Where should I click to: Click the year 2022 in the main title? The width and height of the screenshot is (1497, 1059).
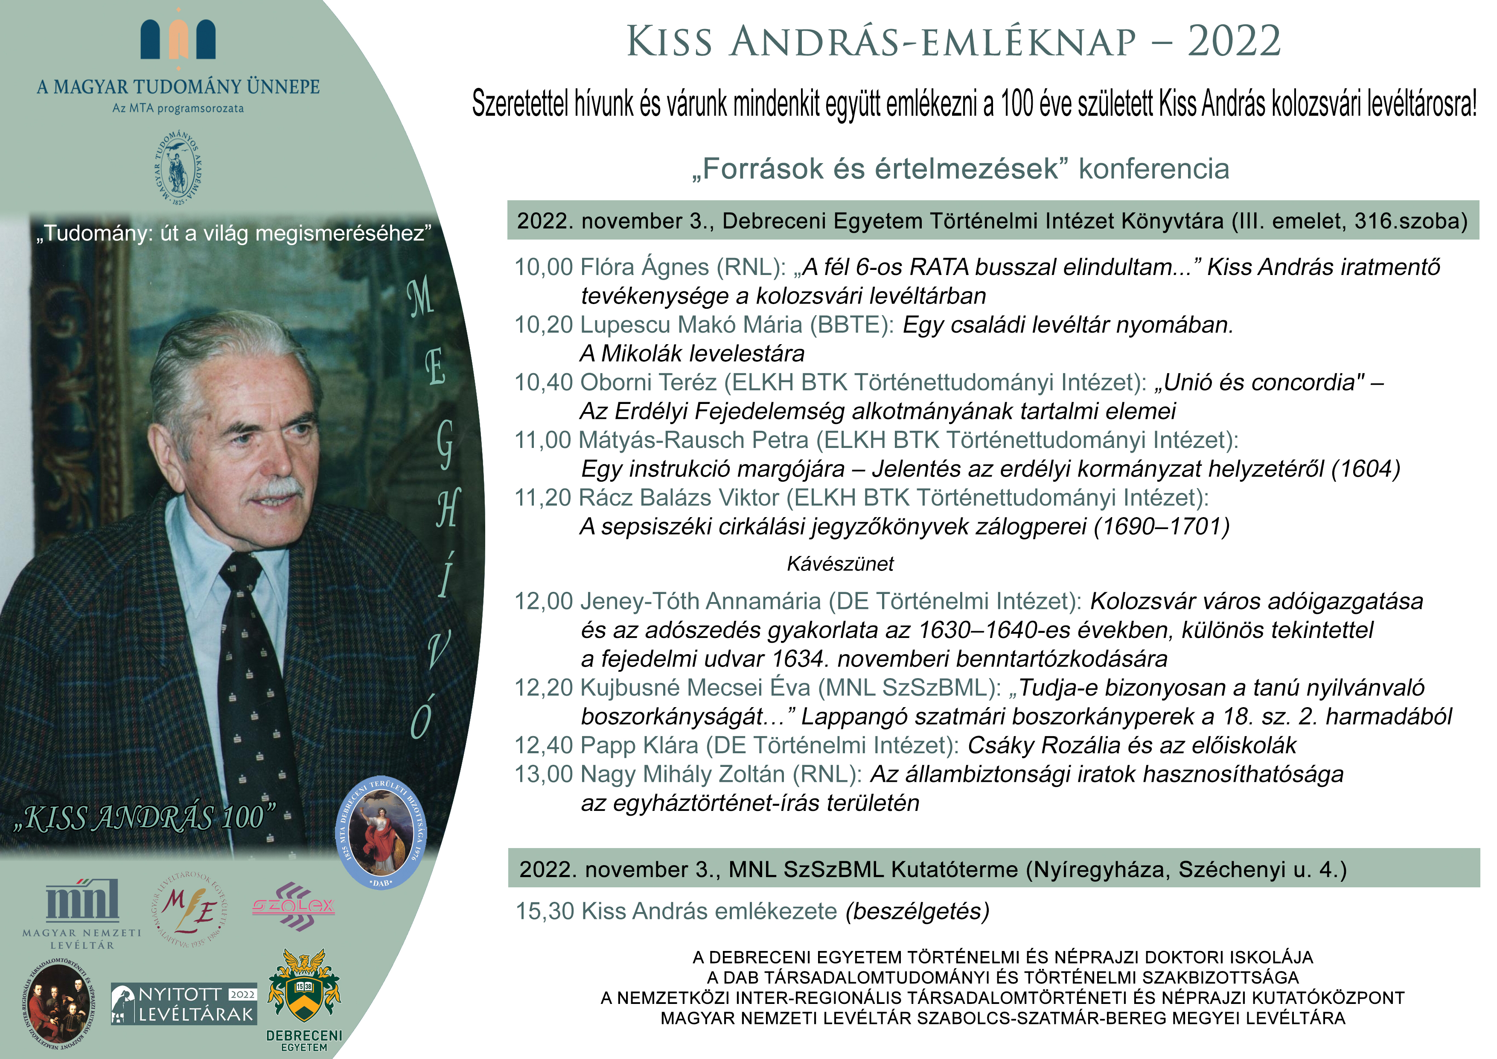pyautogui.click(x=1234, y=42)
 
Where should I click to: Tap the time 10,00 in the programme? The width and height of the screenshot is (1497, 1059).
pyautogui.click(x=543, y=267)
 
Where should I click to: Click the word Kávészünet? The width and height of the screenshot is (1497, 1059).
pyautogui.click(x=840, y=564)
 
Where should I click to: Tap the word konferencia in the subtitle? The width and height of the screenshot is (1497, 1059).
pyautogui.click(x=1153, y=169)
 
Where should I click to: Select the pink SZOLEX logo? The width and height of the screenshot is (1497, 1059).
pyautogui.click(x=294, y=906)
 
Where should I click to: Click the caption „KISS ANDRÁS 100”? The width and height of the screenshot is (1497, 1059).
pyautogui.click(x=145, y=818)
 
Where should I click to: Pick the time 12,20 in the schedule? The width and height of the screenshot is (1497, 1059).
pyautogui.click(x=543, y=688)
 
